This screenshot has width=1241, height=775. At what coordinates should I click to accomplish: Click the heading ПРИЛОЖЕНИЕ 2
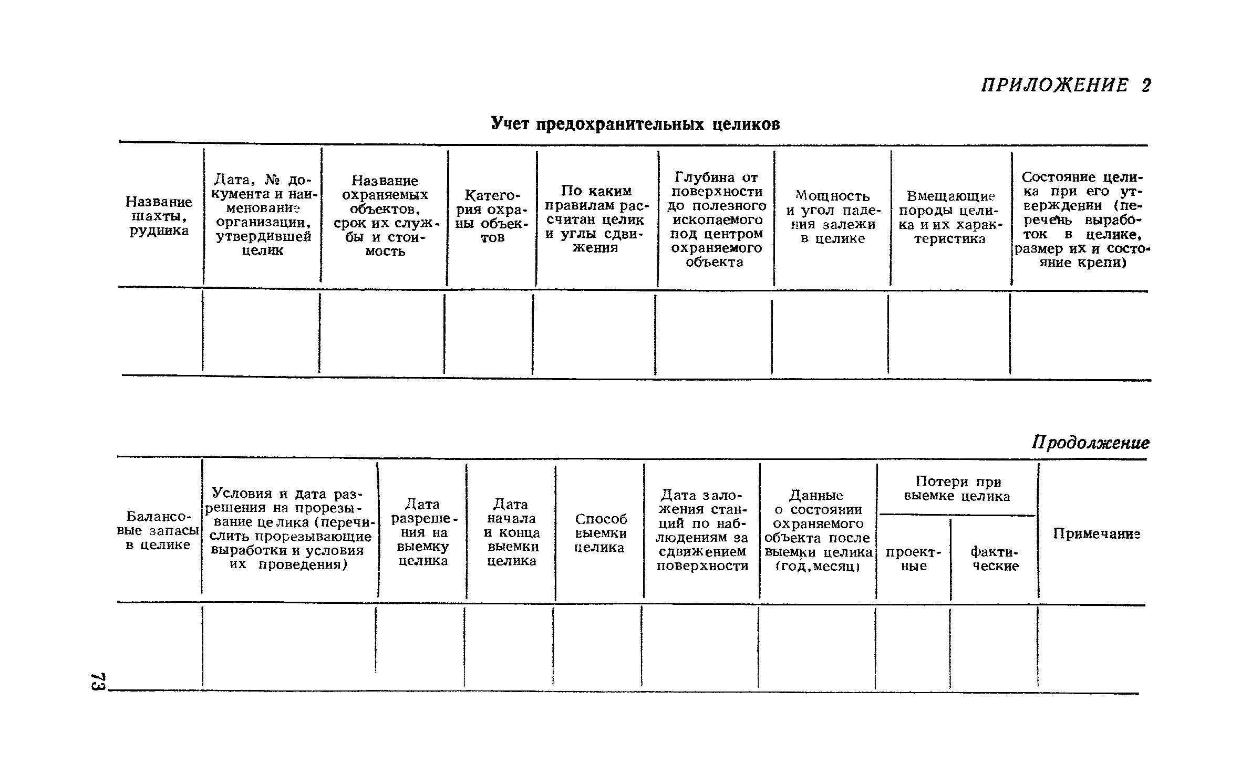click(1066, 86)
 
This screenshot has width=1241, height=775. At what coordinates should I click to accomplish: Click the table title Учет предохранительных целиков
click(635, 124)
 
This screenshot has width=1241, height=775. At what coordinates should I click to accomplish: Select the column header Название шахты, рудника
click(159, 216)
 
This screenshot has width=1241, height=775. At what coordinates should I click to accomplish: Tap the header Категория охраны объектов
click(492, 216)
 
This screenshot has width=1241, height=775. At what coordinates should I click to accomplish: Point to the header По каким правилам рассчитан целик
click(596, 219)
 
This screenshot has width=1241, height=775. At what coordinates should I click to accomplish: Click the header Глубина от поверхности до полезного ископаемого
click(717, 219)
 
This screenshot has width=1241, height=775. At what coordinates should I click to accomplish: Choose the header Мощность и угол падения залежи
click(833, 217)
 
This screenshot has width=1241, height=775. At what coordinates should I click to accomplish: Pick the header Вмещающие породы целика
click(951, 217)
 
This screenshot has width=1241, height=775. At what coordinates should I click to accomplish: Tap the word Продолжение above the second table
click(1090, 443)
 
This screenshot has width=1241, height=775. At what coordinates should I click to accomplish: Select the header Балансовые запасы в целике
click(158, 530)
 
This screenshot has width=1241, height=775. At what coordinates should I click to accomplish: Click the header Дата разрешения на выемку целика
click(422, 532)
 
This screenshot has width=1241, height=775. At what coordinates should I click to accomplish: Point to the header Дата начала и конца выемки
click(511, 532)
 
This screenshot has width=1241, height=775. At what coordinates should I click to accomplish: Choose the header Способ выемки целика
click(601, 533)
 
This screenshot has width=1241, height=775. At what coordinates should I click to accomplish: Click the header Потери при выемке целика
click(957, 489)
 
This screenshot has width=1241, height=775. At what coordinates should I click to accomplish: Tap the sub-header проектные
click(914, 559)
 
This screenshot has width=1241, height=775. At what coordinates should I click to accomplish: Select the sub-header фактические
click(995, 559)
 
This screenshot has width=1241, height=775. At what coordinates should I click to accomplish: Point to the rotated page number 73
click(98, 682)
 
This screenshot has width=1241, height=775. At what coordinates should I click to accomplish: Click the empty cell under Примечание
click(1092, 647)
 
